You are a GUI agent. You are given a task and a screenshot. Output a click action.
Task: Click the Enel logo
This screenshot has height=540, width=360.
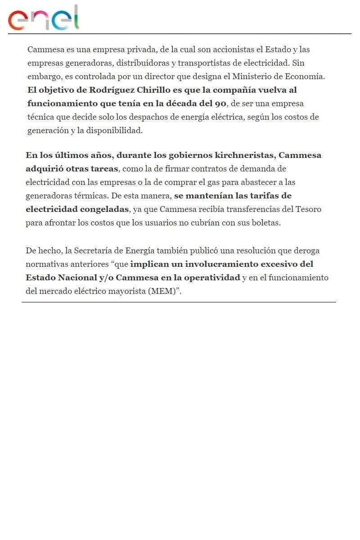(x=44, y=18)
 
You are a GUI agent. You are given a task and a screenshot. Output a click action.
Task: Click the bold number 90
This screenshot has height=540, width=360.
(x=220, y=103)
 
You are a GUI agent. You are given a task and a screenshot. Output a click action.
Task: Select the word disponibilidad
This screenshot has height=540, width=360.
(x=114, y=130)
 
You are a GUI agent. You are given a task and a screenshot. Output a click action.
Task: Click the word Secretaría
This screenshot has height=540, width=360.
(x=94, y=250)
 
